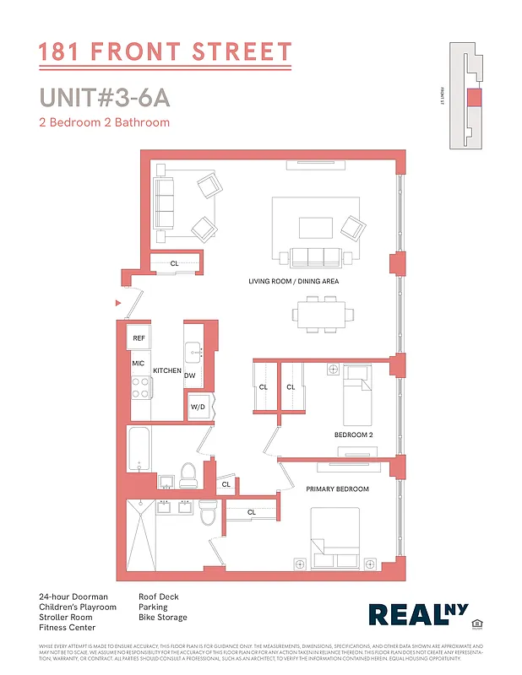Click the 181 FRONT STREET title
coord(166,52)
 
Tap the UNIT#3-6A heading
coord(105,97)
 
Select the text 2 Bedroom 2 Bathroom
coord(104,122)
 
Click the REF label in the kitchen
coord(139,338)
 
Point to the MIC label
coord(139,364)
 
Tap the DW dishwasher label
coord(190,376)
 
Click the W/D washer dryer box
coord(198,407)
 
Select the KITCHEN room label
coord(167,370)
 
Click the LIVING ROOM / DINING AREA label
coord(293,281)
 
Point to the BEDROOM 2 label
coord(354,435)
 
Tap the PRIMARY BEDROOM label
coord(337,489)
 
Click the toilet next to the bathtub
coord(188,475)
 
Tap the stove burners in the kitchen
coord(140,387)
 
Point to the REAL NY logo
coord(416,615)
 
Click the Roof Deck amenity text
coord(159,597)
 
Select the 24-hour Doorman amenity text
coord(73,597)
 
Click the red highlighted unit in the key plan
coord(474,97)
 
